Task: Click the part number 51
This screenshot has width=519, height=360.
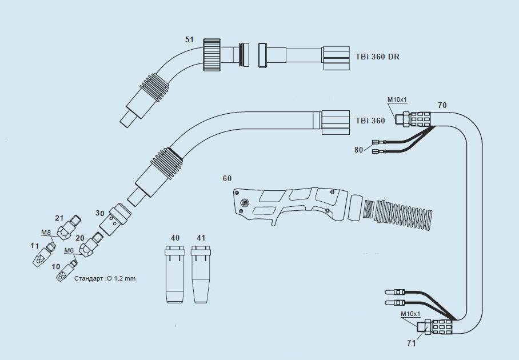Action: click(x=189, y=39)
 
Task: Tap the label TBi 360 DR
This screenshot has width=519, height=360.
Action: click(x=378, y=57)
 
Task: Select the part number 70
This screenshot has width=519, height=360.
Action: click(x=442, y=105)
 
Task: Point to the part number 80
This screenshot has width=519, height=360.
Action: click(x=358, y=150)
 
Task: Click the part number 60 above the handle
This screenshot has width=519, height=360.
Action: click(x=227, y=179)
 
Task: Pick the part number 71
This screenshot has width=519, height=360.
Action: click(x=412, y=343)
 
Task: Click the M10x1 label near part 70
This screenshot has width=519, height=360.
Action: click(x=397, y=99)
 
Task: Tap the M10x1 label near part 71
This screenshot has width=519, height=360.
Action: click(x=410, y=314)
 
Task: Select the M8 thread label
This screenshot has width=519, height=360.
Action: click(x=46, y=233)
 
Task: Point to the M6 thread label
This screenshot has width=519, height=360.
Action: click(x=69, y=250)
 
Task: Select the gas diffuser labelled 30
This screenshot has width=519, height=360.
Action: click(x=115, y=221)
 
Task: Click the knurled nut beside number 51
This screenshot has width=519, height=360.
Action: click(x=211, y=55)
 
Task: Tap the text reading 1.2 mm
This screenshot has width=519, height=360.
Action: click(x=125, y=279)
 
